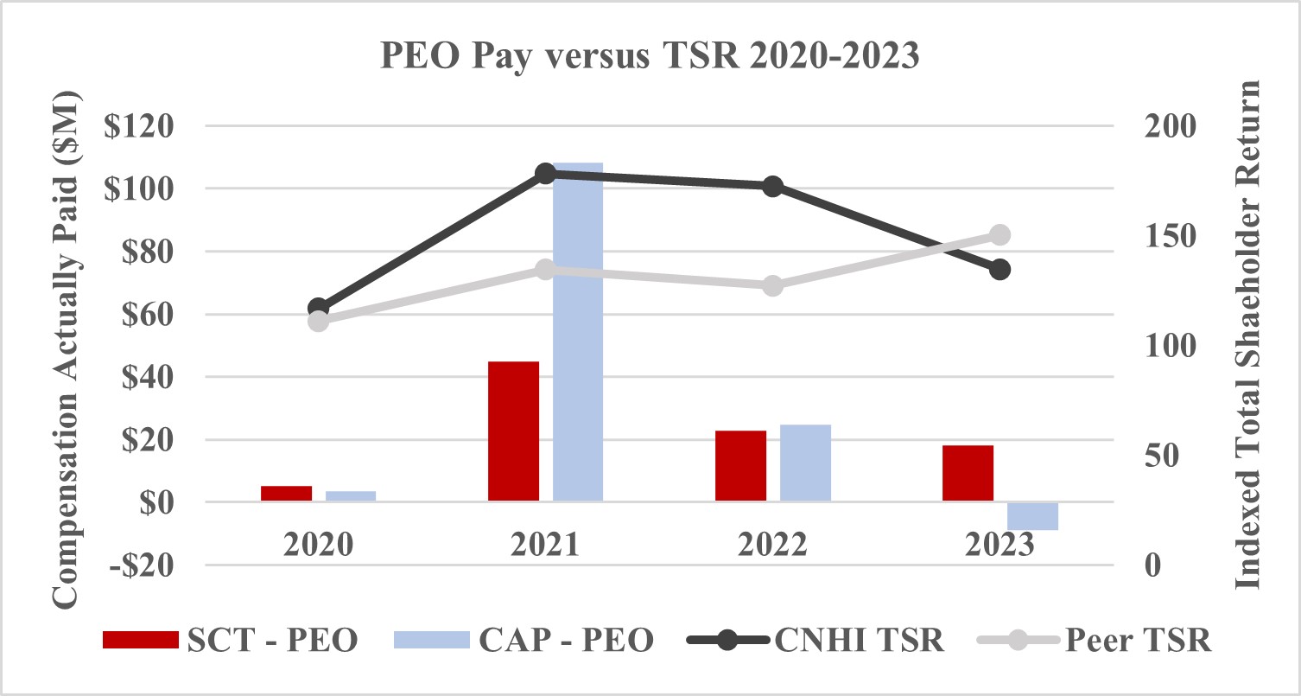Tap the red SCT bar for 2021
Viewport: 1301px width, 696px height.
pos(513,431)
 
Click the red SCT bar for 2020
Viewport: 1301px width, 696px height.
pos(286,493)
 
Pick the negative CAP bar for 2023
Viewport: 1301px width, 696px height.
pos(1032,515)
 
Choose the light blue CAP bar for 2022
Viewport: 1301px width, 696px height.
pos(805,463)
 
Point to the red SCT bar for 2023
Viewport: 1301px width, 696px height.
pos(968,473)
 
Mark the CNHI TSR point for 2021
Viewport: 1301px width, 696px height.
pos(545,174)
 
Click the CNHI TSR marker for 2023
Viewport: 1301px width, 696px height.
pos(1000,270)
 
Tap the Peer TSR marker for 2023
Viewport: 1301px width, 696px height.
pos(1000,235)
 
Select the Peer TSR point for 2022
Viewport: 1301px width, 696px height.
pos(773,285)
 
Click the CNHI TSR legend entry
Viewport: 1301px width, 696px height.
pos(816,641)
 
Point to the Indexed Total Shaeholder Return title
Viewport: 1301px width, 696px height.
pos(1247,335)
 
